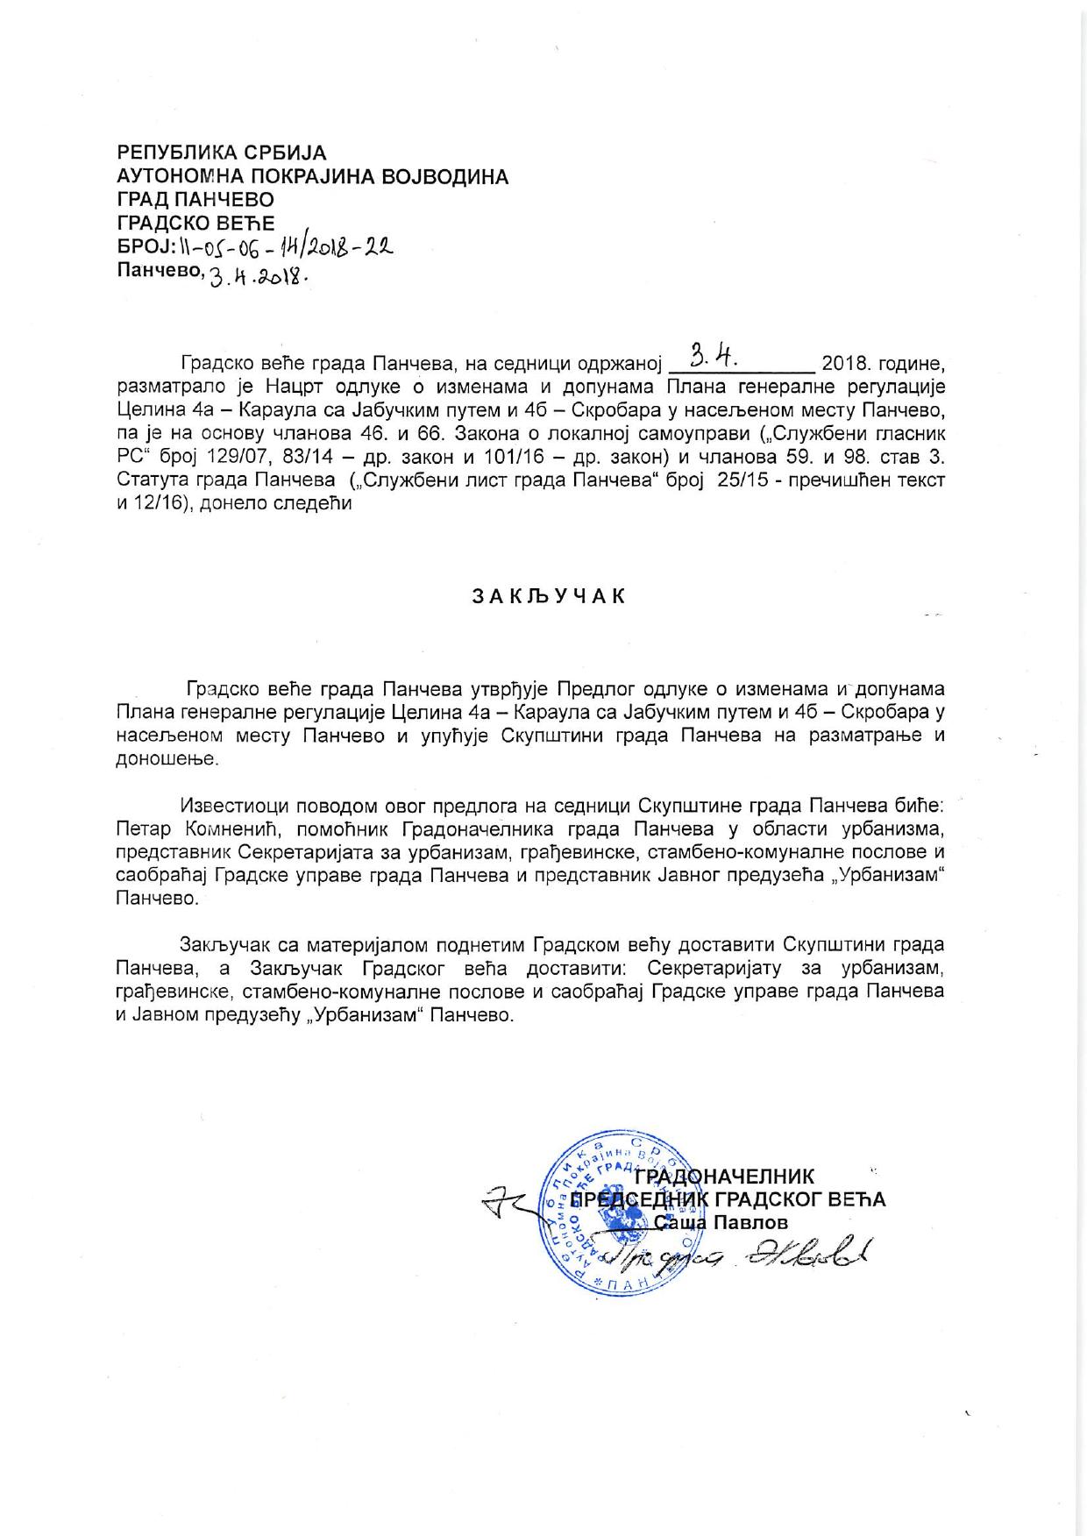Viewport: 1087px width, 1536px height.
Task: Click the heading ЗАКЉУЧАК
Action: pyautogui.click(x=550, y=596)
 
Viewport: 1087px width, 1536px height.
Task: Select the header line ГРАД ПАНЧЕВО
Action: pyautogui.click(x=195, y=200)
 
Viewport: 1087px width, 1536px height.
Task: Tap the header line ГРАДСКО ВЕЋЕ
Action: pyautogui.click(x=196, y=224)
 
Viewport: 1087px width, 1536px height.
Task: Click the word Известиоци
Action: pyautogui.click(x=236, y=804)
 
